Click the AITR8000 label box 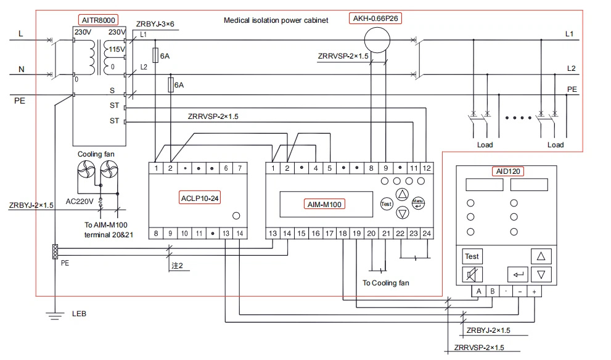(x=98, y=20)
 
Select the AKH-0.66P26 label (x=375, y=18)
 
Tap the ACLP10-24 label (x=200, y=198)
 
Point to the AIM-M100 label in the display (x=324, y=204)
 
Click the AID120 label (x=508, y=171)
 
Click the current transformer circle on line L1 (x=377, y=39)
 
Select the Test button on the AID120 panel (x=472, y=256)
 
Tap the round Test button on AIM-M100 (x=386, y=204)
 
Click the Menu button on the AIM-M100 (x=418, y=203)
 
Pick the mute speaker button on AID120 (x=472, y=275)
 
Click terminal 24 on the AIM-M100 (x=427, y=234)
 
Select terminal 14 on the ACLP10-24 (x=240, y=234)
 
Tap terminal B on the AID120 (x=493, y=291)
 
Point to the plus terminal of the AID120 (x=534, y=291)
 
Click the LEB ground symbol (x=54, y=316)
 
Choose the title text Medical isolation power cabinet (x=276, y=20)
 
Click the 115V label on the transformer (x=117, y=49)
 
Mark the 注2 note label (x=178, y=266)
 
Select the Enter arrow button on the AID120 (x=517, y=274)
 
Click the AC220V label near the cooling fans (x=80, y=202)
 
